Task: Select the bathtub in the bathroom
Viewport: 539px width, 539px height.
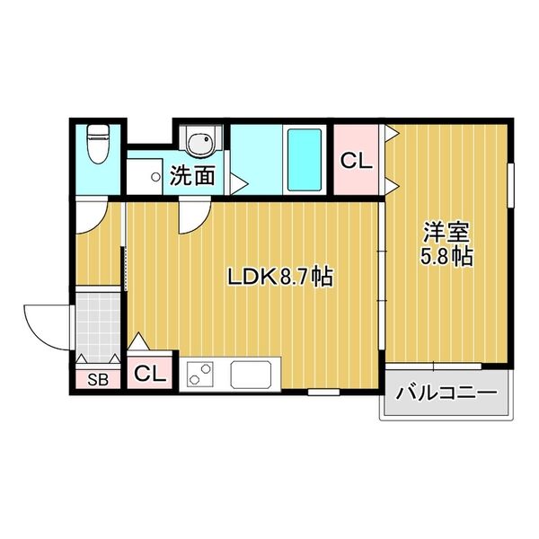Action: coord(304,159)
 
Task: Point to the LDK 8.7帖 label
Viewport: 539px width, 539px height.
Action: coord(279,278)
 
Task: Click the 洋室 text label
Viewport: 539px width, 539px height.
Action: coord(447,232)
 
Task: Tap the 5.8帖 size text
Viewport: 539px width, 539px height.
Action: coord(447,256)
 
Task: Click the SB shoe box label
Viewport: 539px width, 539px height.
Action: coord(96,378)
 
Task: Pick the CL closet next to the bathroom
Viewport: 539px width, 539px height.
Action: coord(356,163)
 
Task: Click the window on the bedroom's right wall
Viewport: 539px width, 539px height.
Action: coord(512,188)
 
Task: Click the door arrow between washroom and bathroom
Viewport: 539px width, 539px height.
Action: coord(238,181)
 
